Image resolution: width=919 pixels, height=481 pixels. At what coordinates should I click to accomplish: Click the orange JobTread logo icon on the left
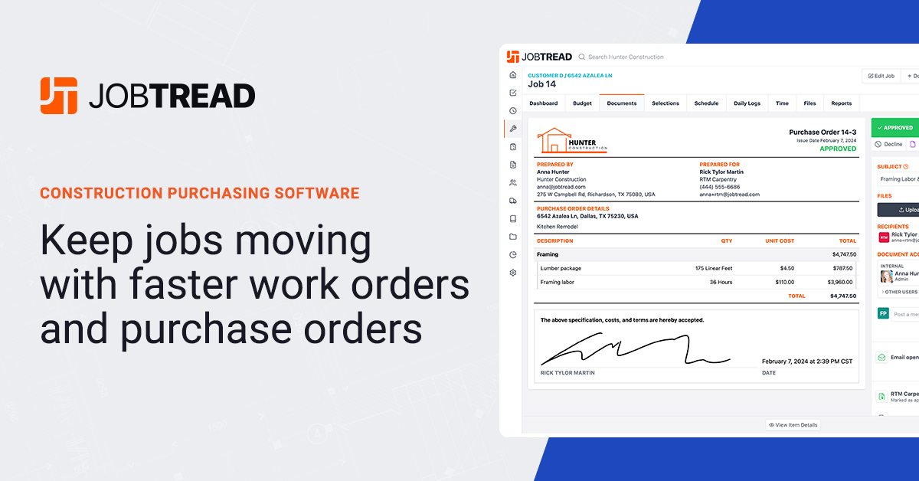pos(59,96)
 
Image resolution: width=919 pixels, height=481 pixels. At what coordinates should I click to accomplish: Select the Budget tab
pos(582,103)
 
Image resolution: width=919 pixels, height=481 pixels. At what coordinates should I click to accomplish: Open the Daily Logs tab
pos(747,103)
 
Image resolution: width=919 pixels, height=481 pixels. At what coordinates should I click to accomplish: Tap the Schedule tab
pos(706,103)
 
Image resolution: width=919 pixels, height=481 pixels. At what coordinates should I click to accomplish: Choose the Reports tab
pos(841,103)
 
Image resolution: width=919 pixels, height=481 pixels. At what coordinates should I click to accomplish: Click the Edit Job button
pos(880,76)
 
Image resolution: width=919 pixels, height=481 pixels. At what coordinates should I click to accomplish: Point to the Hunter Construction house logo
pos(571,141)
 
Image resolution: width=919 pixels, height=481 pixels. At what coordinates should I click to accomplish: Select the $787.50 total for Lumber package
pos(842,268)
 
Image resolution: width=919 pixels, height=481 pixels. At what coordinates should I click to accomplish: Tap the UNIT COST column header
pos(780,241)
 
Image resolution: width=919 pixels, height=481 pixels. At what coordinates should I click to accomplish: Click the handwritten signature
pos(635,353)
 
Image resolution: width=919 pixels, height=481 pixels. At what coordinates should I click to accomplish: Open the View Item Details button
pos(793,425)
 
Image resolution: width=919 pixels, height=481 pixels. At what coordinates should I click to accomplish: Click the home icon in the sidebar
pos(513,75)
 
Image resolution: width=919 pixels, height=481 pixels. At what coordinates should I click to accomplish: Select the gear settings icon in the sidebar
pos(513,273)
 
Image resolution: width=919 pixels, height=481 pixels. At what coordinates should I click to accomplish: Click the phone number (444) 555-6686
pos(719,187)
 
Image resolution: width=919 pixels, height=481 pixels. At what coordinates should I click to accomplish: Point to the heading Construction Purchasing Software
pos(199,193)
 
